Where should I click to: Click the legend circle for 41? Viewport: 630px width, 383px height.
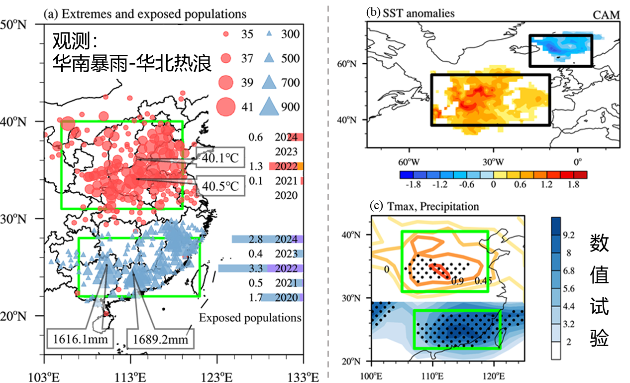(x=225, y=106)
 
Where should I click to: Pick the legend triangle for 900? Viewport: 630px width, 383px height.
(x=269, y=106)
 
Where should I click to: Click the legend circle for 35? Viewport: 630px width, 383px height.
(x=225, y=34)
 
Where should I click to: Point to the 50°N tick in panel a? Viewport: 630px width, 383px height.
(x=15, y=24)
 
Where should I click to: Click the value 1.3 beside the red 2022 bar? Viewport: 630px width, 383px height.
(x=256, y=166)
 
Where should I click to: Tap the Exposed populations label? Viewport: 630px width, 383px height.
(x=250, y=318)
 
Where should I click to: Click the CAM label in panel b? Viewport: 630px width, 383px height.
(x=606, y=15)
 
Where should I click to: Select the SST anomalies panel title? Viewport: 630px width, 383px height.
(x=410, y=13)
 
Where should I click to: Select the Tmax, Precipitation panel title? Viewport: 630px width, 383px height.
(x=424, y=206)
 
